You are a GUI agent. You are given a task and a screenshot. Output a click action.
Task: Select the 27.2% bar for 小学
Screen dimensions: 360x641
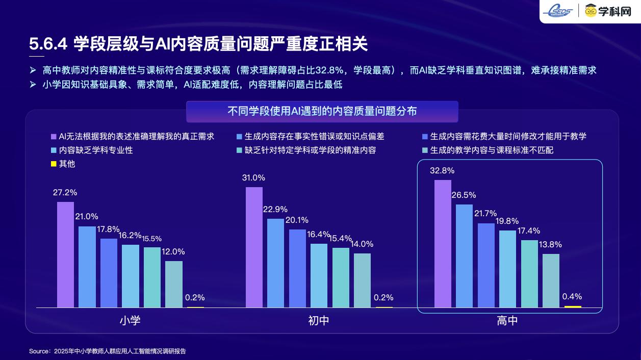pos(65,255)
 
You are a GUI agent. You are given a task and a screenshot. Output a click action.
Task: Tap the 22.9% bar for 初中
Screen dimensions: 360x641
pos(275,263)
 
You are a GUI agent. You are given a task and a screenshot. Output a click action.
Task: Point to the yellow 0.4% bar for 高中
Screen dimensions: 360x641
pos(573,306)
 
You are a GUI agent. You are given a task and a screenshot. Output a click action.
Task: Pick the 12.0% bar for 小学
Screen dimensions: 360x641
pos(174,284)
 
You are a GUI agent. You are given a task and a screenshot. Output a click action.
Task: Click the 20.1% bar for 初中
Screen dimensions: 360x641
pos(297,268)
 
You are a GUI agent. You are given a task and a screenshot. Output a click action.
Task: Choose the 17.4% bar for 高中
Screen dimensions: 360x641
pos(529,274)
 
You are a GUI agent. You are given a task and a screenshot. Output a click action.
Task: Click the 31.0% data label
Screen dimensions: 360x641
pos(253,178)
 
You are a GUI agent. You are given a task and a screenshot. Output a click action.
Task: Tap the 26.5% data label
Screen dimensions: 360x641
pos(464,195)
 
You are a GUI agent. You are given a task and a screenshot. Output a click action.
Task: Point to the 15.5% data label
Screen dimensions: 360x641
pos(152,239)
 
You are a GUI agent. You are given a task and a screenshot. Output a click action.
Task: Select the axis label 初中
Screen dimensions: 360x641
pos(319,321)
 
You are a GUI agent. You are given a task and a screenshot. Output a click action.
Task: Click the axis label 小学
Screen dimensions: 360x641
pos(130,321)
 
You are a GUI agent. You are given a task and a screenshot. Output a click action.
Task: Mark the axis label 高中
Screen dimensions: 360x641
pos(507,321)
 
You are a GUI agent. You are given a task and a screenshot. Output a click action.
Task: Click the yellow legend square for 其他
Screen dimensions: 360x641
pos(53,164)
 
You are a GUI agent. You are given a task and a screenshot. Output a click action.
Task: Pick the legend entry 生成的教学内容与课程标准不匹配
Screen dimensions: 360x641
pos(492,150)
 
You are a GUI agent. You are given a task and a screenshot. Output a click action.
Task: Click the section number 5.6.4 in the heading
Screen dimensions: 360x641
pos(48,44)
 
